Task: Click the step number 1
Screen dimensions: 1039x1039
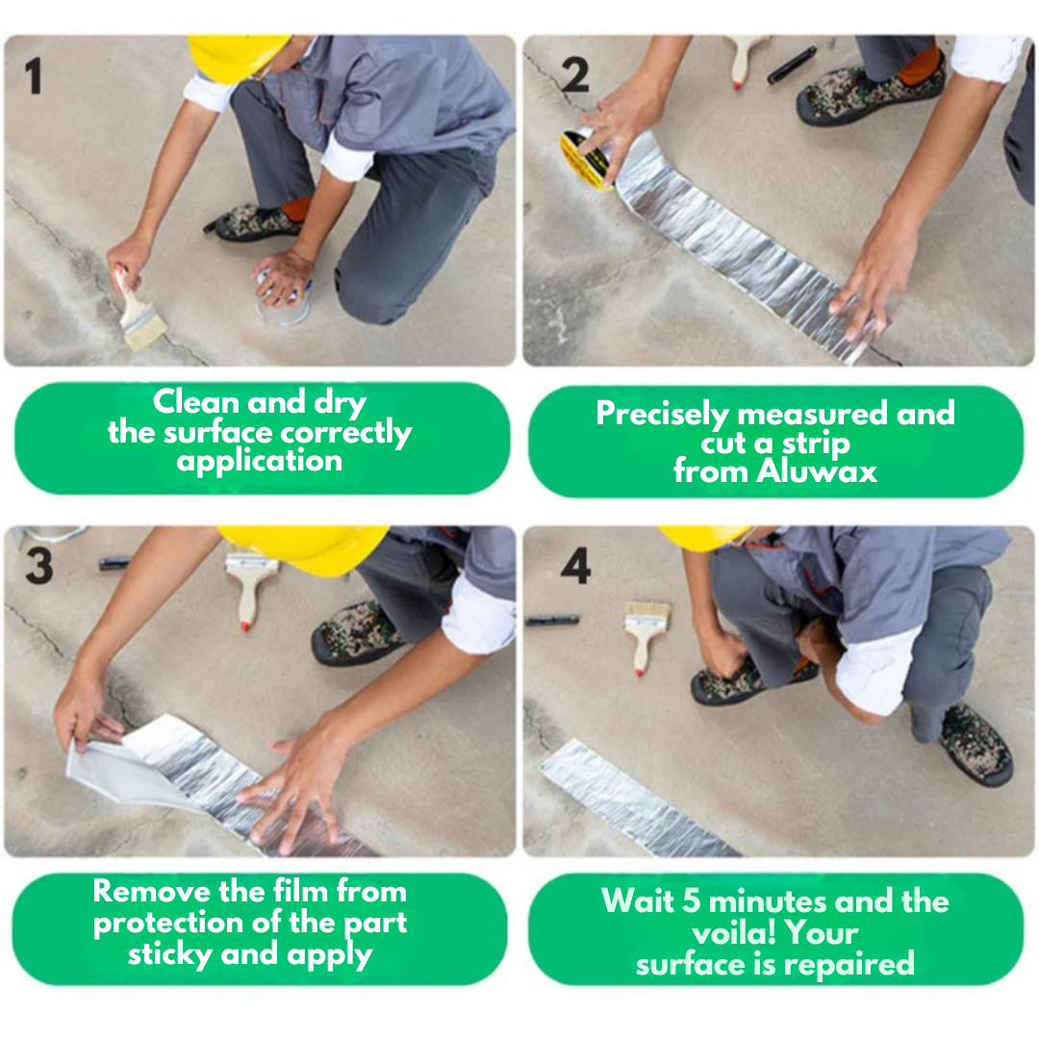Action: click(x=34, y=76)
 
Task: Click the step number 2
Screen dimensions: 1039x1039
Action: click(x=574, y=75)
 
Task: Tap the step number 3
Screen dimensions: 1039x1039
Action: click(x=39, y=566)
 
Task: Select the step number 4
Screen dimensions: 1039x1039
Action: click(x=575, y=566)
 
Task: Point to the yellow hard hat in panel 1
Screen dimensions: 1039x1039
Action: click(x=236, y=57)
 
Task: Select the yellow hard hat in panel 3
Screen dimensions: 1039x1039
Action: click(x=306, y=549)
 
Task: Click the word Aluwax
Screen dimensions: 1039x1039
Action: click(x=817, y=471)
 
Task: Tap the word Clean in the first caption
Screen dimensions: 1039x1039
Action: click(x=196, y=401)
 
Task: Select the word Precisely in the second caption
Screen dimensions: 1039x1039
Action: click(x=662, y=414)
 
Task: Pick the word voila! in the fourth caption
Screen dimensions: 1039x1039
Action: click(x=734, y=934)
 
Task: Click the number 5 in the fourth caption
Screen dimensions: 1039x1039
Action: click(x=691, y=901)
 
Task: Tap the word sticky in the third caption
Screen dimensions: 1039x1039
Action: click(x=169, y=955)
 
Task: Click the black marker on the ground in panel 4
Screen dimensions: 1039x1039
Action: click(x=552, y=621)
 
